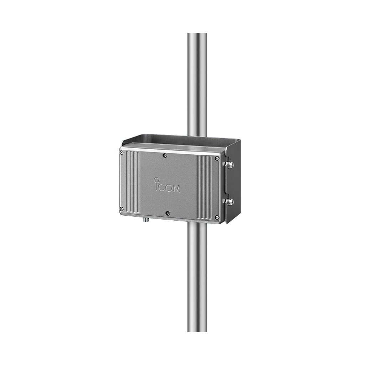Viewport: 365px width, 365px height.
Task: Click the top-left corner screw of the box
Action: pyautogui.click(x=122, y=153)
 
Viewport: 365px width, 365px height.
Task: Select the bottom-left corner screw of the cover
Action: pyautogui.click(x=122, y=209)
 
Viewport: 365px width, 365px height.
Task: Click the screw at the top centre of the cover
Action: pyautogui.click(x=164, y=155)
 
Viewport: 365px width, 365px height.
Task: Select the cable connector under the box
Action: pyautogui.click(x=145, y=220)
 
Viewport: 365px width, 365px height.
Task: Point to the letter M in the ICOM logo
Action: pyautogui.click(x=176, y=189)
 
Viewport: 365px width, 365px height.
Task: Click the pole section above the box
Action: pyautogui.click(x=197, y=82)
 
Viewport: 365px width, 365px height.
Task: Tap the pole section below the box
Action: pyautogui.click(x=197, y=278)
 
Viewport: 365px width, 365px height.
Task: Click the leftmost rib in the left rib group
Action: pyautogui.click(x=129, y=181)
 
